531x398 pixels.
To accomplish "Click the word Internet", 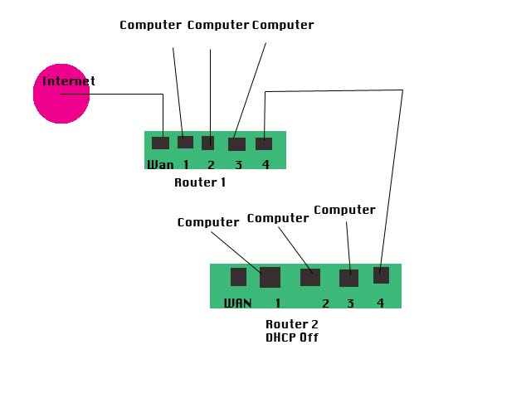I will [69, 81].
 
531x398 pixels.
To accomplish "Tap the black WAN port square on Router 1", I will [160, 143].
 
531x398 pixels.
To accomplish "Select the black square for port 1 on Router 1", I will [185, 142].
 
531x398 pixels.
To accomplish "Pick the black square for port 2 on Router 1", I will [207, 143].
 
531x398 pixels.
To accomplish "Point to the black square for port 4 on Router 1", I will [264, 143].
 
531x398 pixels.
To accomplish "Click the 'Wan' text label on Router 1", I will [160, 164].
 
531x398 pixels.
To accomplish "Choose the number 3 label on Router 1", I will [238, 164].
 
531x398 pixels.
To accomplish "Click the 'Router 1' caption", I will [200, 182].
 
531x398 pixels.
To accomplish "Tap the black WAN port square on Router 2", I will [238, 277].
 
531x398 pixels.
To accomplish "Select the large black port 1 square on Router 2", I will [270, 277].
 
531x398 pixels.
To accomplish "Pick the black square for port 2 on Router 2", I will [310, 277].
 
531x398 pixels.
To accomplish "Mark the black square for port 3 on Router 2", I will [348, 278].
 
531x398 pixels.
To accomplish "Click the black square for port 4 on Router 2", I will [381, 275].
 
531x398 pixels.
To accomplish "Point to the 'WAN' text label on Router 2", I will [237, 303].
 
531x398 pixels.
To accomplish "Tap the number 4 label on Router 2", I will [380, 303].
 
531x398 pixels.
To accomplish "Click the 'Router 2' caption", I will [292, 324].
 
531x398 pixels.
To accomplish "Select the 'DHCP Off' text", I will [292, 337].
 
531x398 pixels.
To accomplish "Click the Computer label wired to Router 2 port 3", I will [344, 210].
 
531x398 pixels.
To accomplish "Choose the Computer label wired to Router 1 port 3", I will [283, 25].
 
